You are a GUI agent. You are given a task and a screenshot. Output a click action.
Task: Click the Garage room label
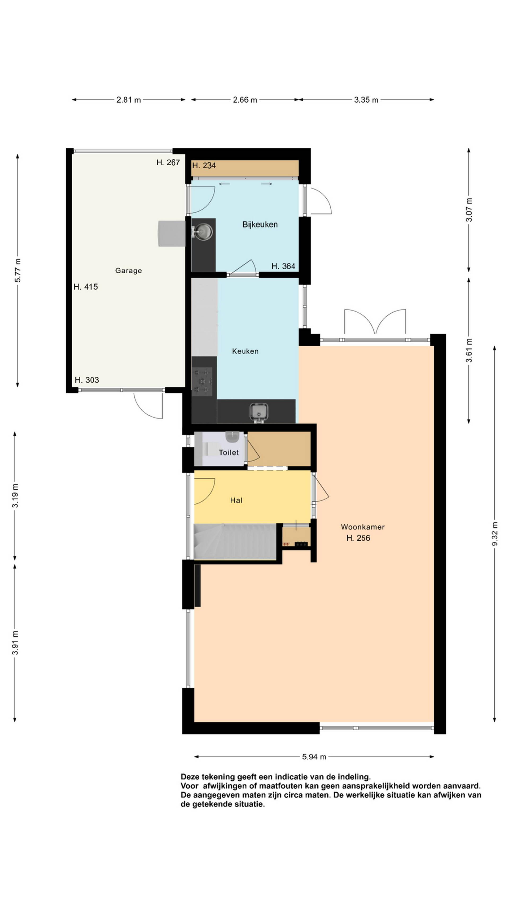coord(129,270)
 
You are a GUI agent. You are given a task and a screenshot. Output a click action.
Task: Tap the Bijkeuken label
coord(260,225)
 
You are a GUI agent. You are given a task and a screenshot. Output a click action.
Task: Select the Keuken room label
coord(245,351)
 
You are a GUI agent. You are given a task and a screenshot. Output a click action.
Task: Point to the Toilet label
coord(229,452)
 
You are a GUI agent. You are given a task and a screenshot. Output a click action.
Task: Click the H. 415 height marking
coord(86,287)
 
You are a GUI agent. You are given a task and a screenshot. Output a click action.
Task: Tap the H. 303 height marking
coord(87,380)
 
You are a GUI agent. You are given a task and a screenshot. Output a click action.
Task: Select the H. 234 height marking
coord(204,165)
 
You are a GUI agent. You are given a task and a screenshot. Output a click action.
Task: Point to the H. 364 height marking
coord(283,266)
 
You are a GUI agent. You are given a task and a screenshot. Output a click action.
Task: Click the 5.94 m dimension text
coord(314,757)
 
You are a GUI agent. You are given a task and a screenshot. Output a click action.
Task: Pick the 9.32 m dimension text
coord(495,534)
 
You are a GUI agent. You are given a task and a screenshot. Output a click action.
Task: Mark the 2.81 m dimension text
coord(129,100)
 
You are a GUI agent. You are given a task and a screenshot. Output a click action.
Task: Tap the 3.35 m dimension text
coord(366,100)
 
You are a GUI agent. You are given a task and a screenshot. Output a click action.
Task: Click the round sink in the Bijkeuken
coord(204,231)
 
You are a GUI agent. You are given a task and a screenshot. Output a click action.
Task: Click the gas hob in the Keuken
coord(202,380)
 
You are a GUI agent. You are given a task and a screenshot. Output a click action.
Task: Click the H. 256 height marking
coord(358,538)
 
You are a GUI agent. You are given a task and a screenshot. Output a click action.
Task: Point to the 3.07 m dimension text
coord(469,210)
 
